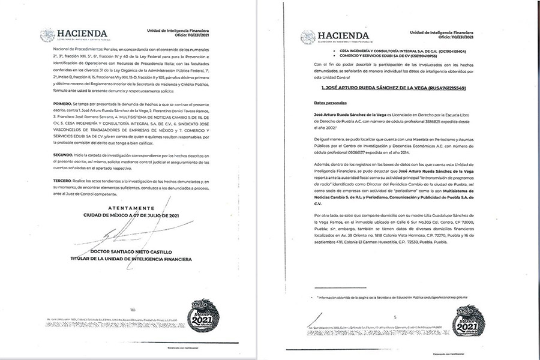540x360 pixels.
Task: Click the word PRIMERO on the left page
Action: tap(50, 104)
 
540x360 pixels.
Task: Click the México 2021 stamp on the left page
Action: tap(204, 314)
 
